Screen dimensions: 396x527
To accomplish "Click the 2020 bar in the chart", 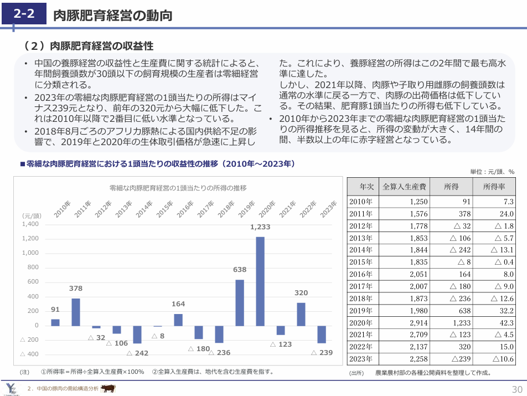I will click(260, 281).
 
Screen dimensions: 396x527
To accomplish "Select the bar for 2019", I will click(240, 302).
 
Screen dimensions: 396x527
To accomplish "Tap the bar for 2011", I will click(76, 312).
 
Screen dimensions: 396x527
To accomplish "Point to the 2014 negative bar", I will click(137, 334).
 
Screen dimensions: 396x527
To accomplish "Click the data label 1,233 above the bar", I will click(260, 227).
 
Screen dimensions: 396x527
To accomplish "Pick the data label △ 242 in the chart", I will click(137, 353).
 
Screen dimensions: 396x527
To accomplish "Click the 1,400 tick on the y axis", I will click(30, 224).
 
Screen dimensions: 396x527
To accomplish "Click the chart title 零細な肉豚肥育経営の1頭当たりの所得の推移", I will click(178, 188).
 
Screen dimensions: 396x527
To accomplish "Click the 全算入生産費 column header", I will click(404, 187).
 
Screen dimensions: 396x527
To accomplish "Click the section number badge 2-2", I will click(25, 15).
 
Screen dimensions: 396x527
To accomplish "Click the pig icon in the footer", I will click(108, 388).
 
